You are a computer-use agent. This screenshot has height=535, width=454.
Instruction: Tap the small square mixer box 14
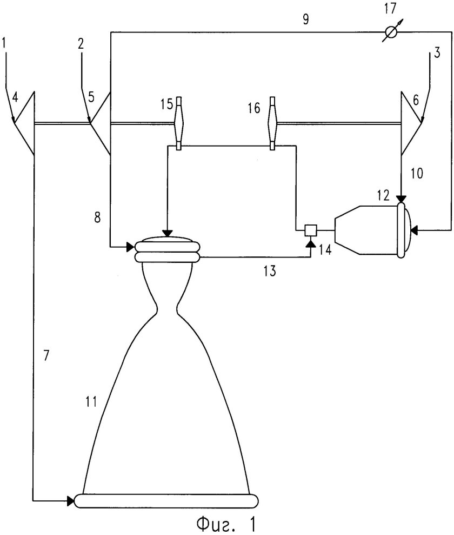point(311,230)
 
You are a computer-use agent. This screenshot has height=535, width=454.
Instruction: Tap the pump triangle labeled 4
point(24,122)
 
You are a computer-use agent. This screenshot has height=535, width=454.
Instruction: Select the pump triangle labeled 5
point(99,123)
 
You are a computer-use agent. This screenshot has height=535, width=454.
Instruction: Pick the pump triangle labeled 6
point(411,123)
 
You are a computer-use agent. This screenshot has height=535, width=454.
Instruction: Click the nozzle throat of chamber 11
point(167,310)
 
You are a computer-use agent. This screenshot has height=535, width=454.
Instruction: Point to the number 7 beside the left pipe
point(46,355)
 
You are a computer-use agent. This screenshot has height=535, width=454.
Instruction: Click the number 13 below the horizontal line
point(269,271)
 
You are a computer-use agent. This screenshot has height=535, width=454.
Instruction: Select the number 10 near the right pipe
point(416,173)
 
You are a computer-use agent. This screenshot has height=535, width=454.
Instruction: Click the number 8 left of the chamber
point(97,217)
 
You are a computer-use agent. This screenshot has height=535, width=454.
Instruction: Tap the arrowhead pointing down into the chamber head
point(167,233)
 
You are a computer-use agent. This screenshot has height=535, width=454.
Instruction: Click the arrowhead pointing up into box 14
point(311,243)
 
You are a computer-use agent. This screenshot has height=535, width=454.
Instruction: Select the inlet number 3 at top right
point(437,53)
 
